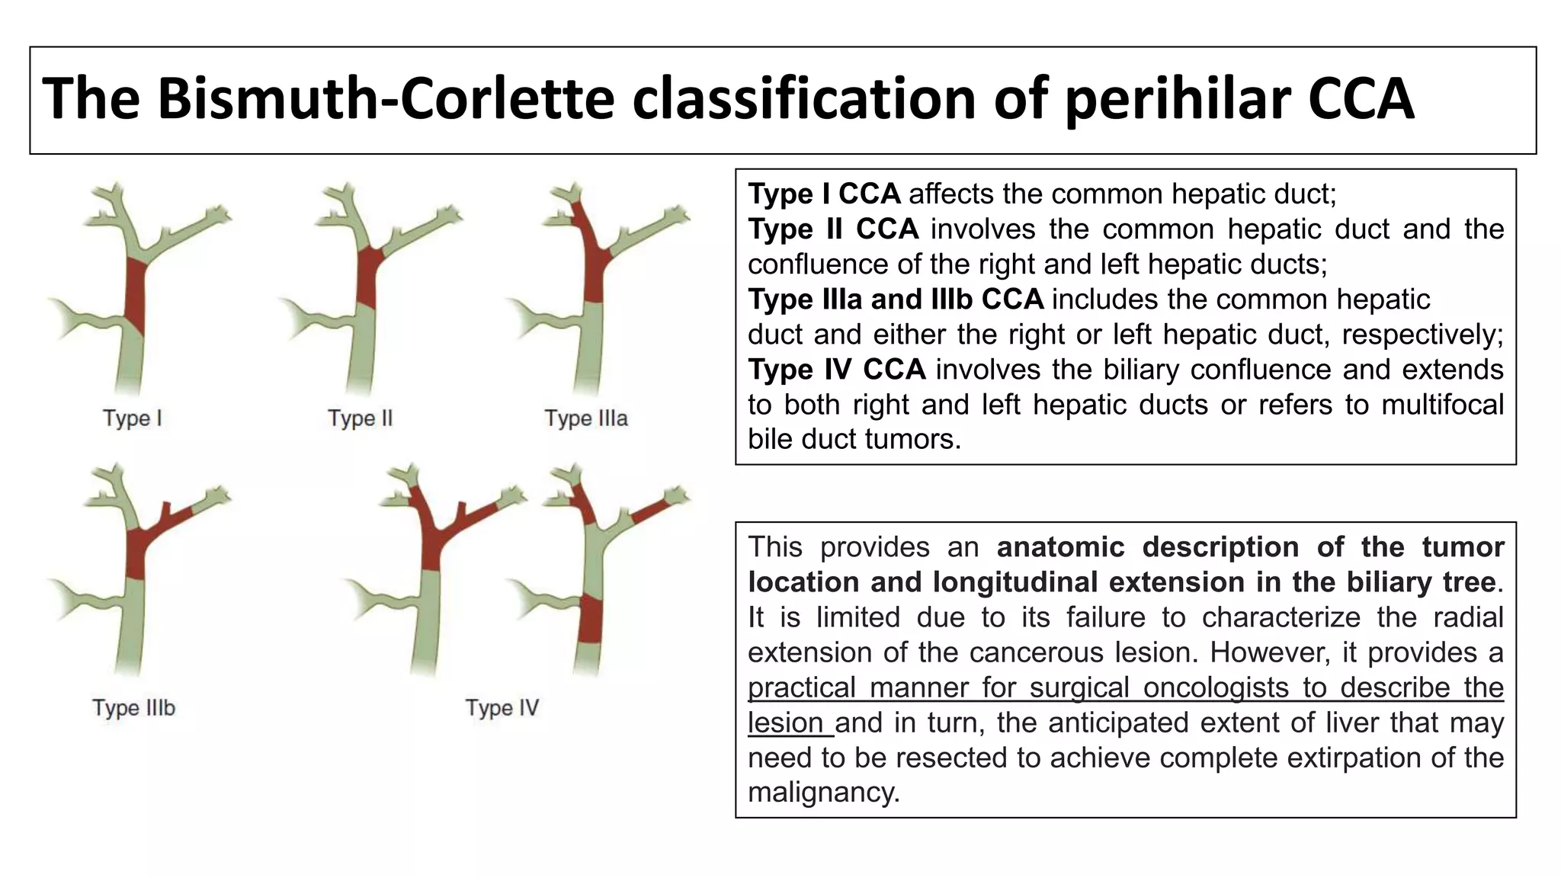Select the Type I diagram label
(x=133, y=418)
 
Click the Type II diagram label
(x=360, y=418)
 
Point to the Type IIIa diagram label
(x=585, y=418)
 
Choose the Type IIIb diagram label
(x=134, y=708)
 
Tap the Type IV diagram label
(x=502, y=708)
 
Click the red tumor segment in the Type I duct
(x=135, y=297)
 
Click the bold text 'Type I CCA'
(x=824, y=194)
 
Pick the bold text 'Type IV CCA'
(x=836, y=370)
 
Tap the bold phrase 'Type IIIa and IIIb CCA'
(x=896, y=300)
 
